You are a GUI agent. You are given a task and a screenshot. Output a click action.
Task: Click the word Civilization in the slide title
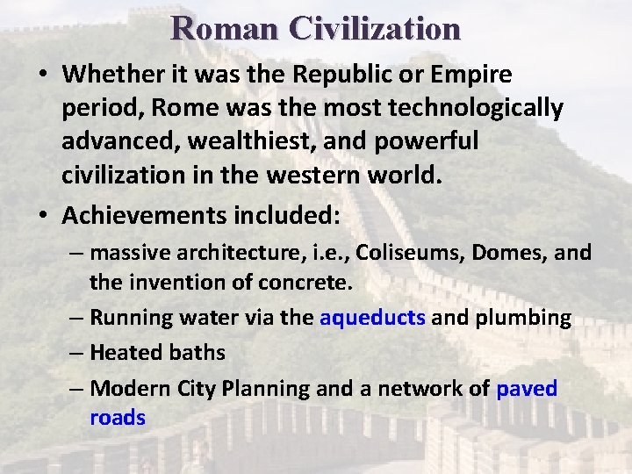[376, 28]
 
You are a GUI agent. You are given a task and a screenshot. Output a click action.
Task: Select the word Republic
[348, 75]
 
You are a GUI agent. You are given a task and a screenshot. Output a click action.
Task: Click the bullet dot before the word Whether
[44, 75]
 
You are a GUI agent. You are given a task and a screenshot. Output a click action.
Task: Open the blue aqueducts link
[373, 317]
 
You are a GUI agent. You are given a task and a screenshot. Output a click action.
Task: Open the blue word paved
[527, 388]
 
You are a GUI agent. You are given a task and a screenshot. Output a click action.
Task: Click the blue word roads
[118, 418]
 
